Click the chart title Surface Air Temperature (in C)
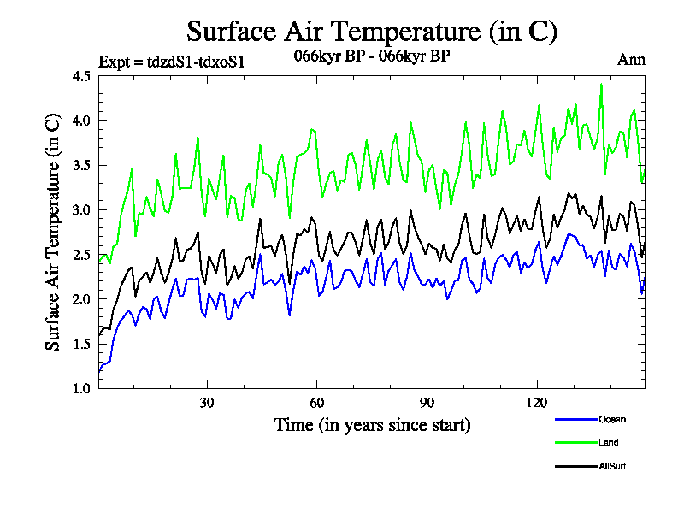pos(372,32)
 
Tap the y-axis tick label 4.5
pos(82,76)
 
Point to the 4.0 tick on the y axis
pos(82,121)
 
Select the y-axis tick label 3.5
pos(82,165)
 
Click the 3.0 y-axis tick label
pos(82,209)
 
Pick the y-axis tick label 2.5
pos(82,254)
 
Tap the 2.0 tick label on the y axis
pos(82,299)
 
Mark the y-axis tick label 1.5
pos(82,344)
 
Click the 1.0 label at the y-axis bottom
pos(82,388)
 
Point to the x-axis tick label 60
pos(317,403)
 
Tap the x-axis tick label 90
pos(427,403)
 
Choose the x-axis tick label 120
pos(537,403)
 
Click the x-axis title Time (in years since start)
pos(372,424)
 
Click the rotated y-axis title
pos(53,232)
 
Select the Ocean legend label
pos(612,419)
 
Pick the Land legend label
pos(609,443)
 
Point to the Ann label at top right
pos(631,60)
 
